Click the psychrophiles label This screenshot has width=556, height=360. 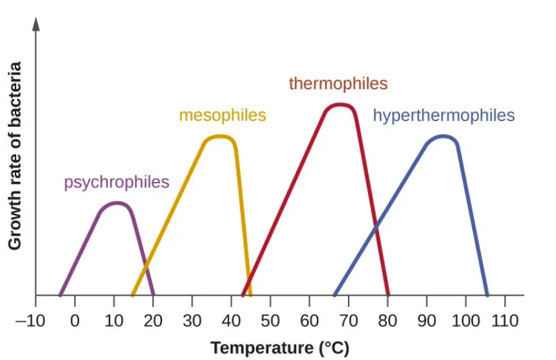117,183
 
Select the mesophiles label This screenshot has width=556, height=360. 222,116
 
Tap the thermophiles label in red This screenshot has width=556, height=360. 338,84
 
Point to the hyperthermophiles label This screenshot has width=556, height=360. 443,116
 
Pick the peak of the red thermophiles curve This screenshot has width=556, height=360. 340,105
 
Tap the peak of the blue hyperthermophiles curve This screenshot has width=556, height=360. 443,137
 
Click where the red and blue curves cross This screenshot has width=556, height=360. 375,227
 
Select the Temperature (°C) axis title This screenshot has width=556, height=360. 271,348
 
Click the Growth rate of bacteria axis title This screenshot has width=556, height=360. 15,155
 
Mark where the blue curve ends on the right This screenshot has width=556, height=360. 487,295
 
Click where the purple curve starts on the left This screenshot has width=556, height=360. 60,295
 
